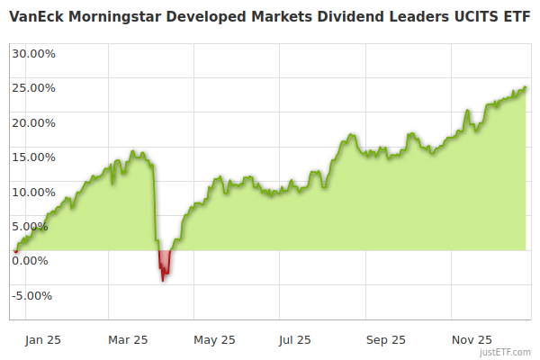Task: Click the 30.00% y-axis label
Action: pos(33,53)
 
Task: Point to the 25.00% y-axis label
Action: pos(33,88)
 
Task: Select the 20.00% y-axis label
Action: pos(33,122)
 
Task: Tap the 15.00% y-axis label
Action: pos(33,157)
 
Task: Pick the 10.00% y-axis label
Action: pos(33,192)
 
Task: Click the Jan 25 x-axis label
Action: pos(43,340)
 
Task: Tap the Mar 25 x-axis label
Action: pos(127,340)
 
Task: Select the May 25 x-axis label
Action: pos(214,340)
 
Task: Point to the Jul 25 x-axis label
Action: pos(294,340)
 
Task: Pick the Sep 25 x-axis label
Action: pos(386,340)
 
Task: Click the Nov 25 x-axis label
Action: pos(472,340)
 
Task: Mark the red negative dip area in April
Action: pos(164,263)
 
